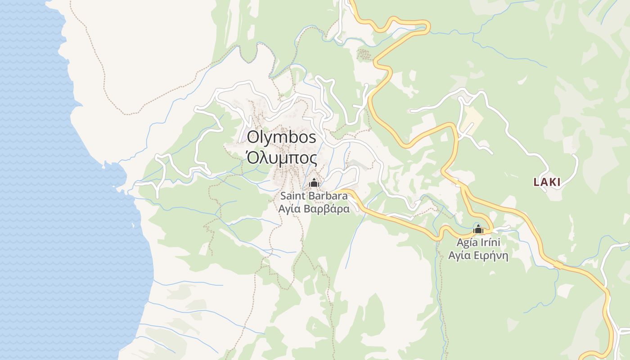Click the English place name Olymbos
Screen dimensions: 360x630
pos(282,137)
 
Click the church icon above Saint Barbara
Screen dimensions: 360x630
pos(314,183)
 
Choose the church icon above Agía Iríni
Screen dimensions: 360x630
pos(478,229)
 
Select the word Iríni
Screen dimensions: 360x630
pos(491,243)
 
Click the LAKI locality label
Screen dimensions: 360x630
pos(547,182)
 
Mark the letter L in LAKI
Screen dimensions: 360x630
pos(536,182)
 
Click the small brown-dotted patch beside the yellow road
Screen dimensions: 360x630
pos(364,54)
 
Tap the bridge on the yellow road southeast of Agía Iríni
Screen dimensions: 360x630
pos(558,265)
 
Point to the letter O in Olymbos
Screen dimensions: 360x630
pos(253,137)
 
